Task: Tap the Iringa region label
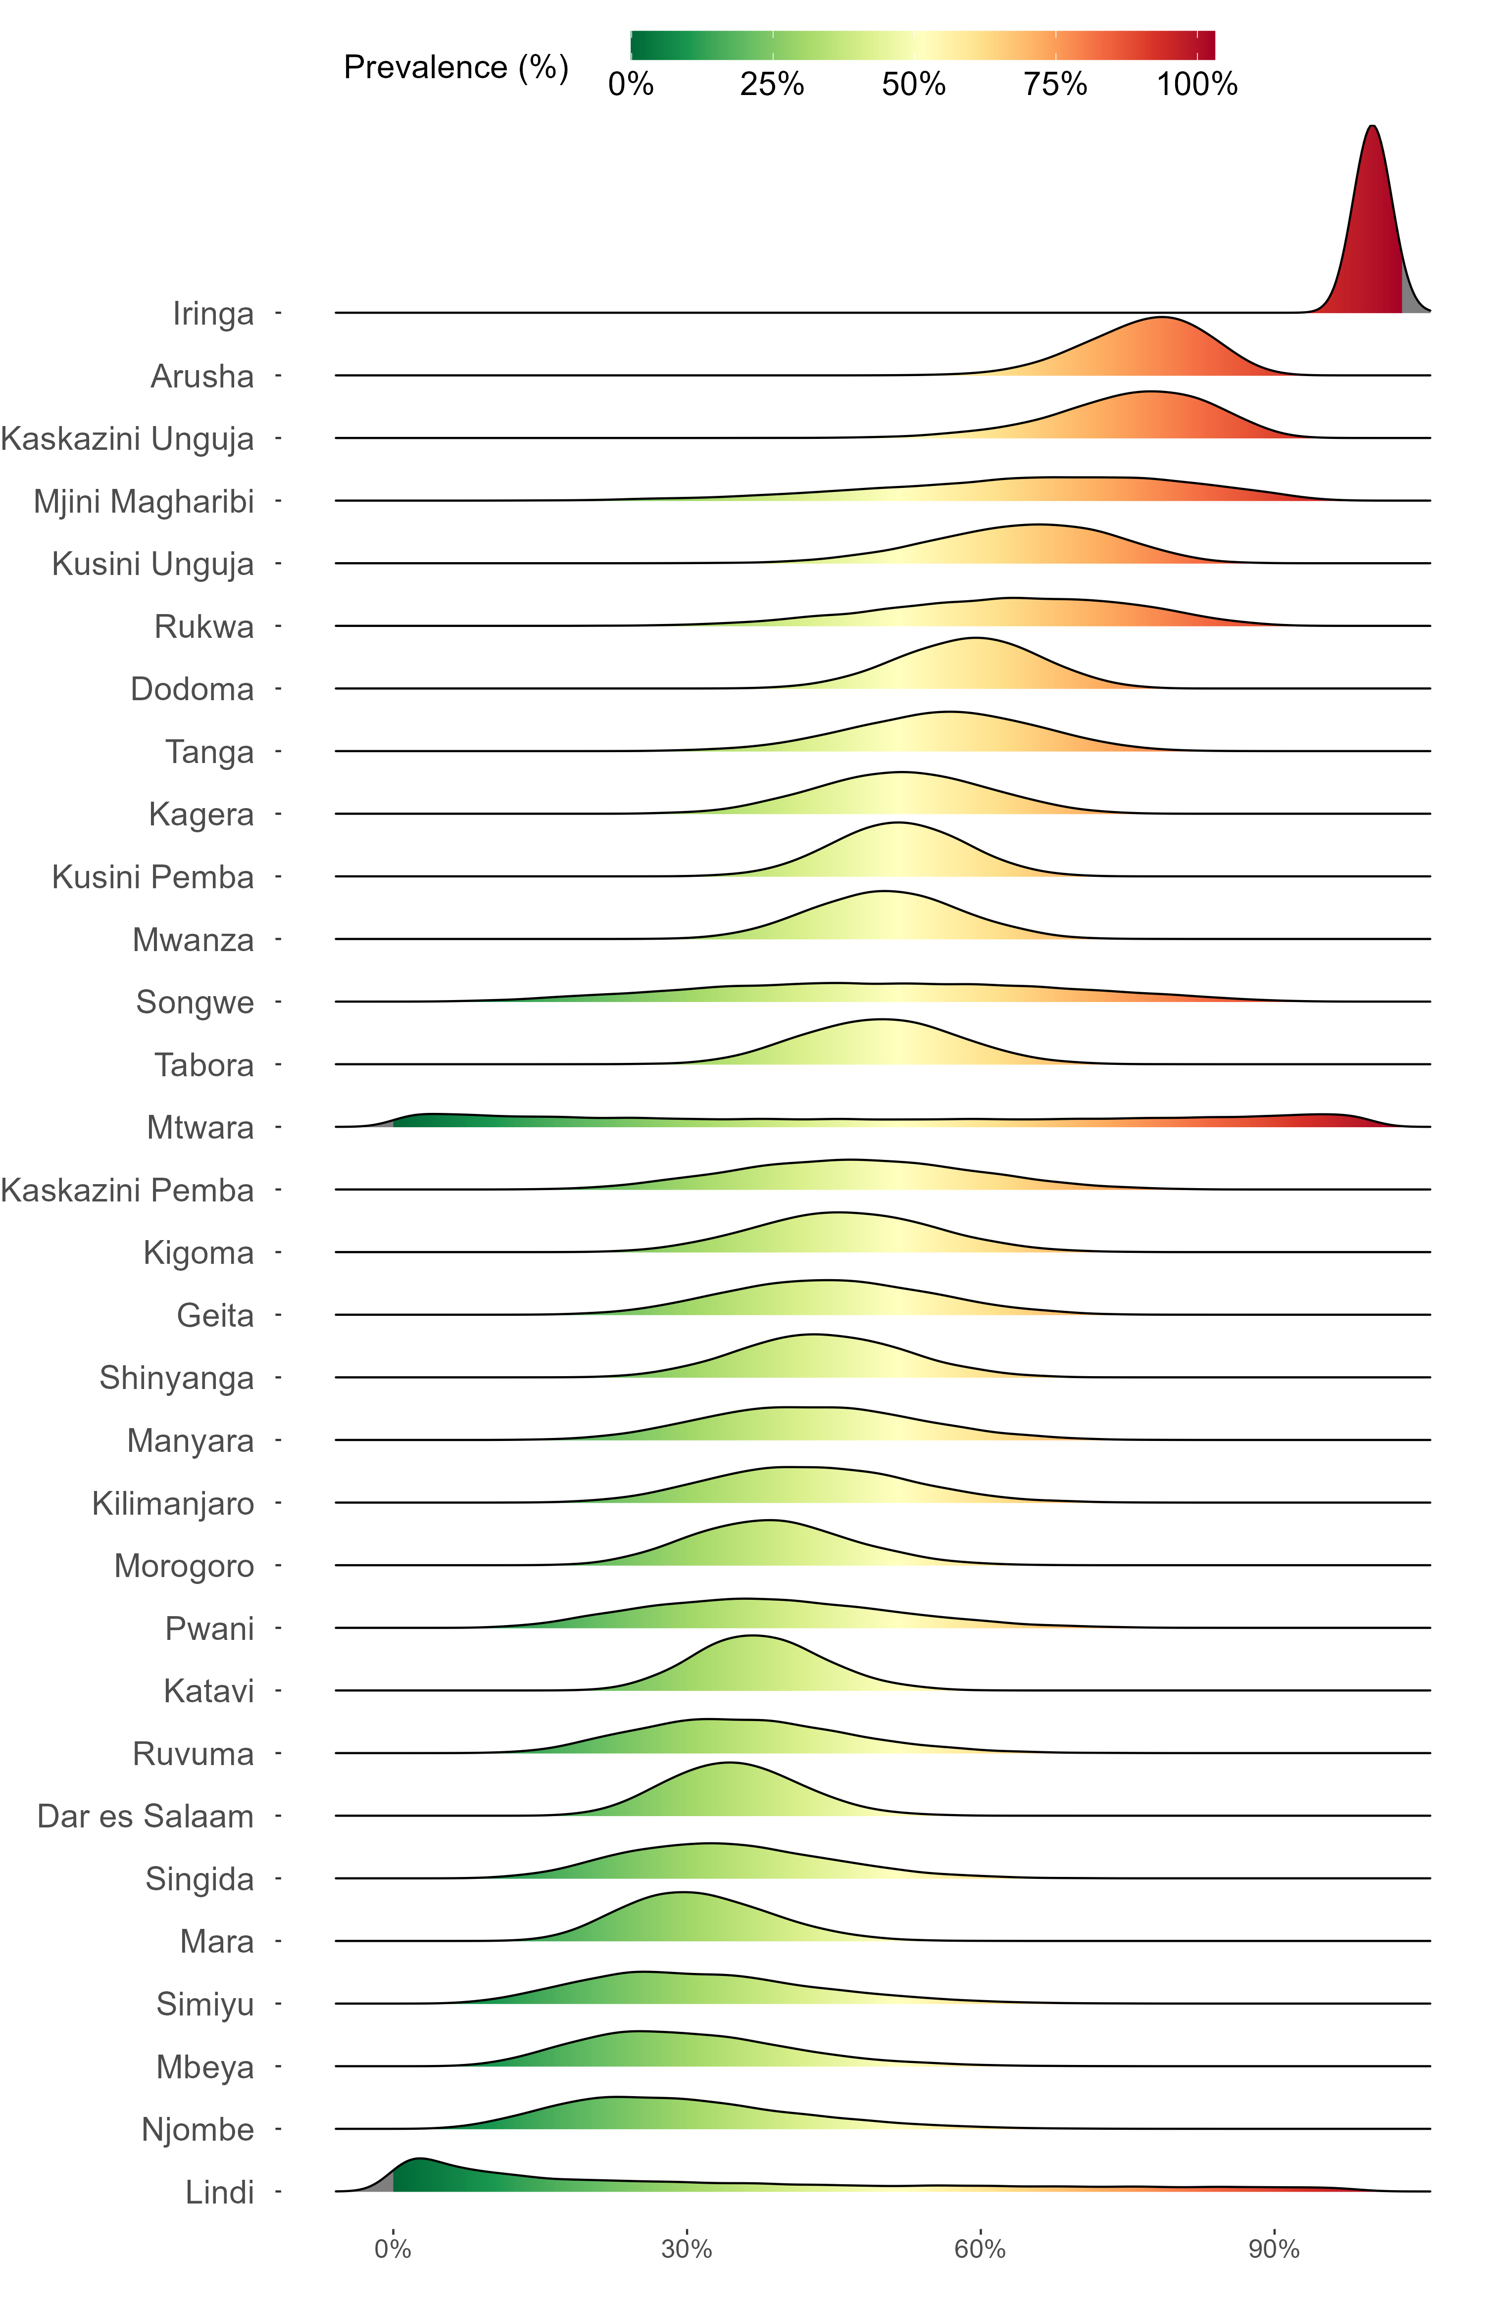click(213, 313)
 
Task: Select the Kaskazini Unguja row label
click(127, 438)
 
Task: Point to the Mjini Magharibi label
click(144, 501)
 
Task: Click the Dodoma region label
click(192, 689)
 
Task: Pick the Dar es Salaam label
click(146, 1816)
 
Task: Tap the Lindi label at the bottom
click(220, 2192)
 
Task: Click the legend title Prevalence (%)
click(456, 67)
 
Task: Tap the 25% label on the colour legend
click(771, 85)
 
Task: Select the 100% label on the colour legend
click(1197, 85)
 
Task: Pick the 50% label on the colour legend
click(913, 85)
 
